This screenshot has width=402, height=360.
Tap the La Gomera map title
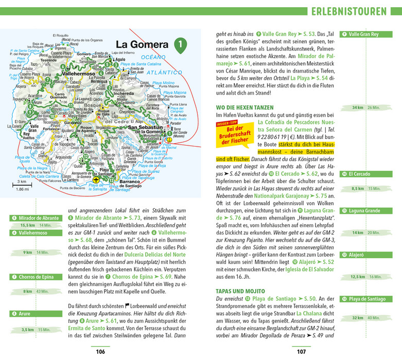142,44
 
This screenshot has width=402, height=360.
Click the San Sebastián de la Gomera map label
146,130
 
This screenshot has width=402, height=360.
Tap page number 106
100,351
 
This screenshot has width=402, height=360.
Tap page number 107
301,351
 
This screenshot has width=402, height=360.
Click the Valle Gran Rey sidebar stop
363,34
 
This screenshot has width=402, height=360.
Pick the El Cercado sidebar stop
360,174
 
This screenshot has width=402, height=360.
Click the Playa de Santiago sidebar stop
366,299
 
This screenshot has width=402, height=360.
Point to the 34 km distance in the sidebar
357,107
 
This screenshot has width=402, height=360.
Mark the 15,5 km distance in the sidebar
27,225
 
